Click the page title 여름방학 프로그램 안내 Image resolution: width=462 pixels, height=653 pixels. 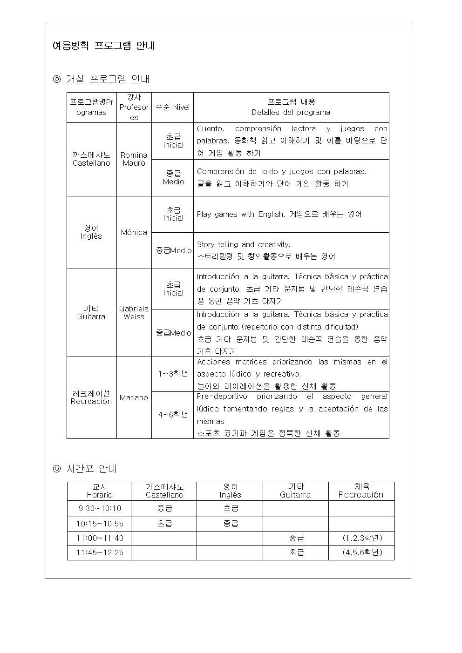103,46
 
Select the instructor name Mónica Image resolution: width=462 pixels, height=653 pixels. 134,232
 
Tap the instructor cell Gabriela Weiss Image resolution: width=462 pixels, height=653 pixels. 134,312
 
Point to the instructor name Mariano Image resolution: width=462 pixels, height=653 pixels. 134,397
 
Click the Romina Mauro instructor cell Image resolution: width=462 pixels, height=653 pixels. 134,159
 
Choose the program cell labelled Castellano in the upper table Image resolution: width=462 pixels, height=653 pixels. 91,159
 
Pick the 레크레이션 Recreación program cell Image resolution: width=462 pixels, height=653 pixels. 91,397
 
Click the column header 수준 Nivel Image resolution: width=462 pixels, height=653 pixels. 172,107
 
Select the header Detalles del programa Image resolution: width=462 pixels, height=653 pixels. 291,112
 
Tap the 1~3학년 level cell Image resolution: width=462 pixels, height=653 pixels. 172,374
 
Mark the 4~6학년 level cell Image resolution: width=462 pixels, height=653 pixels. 172,415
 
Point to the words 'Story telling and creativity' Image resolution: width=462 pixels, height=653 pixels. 243,244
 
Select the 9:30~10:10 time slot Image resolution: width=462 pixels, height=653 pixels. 99,508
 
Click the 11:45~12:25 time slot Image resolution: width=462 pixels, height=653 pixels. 99,552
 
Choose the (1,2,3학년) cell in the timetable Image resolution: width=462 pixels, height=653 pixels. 362,538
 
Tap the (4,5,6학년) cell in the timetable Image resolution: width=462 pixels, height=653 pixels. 362,552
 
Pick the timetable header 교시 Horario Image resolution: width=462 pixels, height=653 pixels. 99,491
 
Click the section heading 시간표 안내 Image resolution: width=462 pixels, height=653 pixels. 91,469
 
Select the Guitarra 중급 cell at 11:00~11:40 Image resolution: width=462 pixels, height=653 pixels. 296,538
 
